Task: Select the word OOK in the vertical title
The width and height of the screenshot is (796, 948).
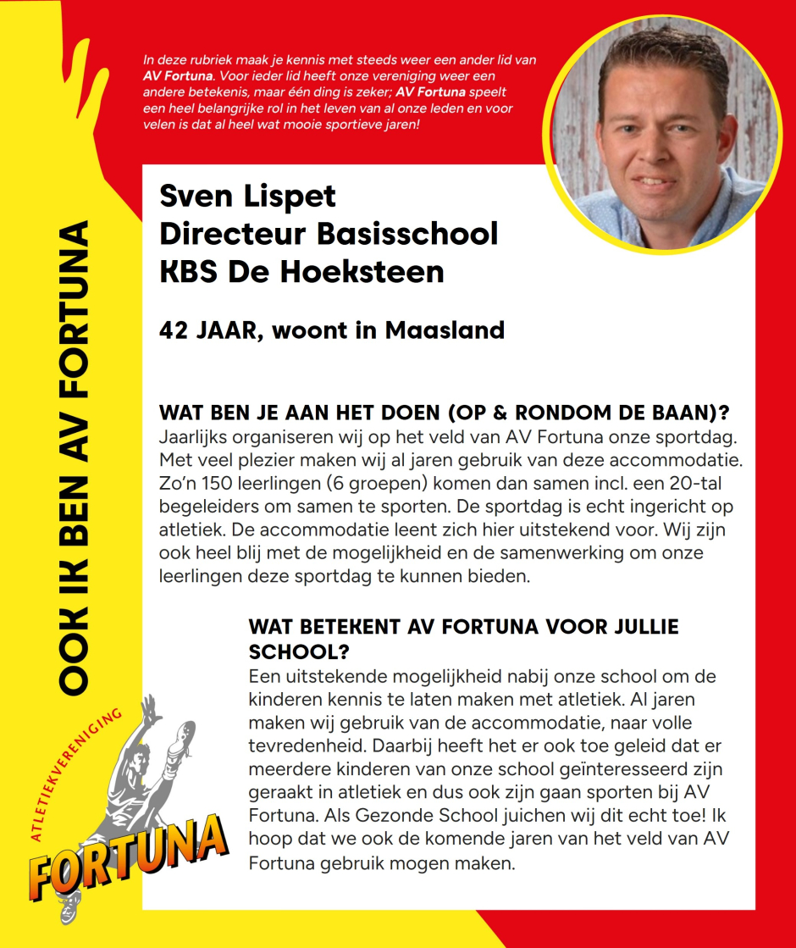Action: tap(77, 656)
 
